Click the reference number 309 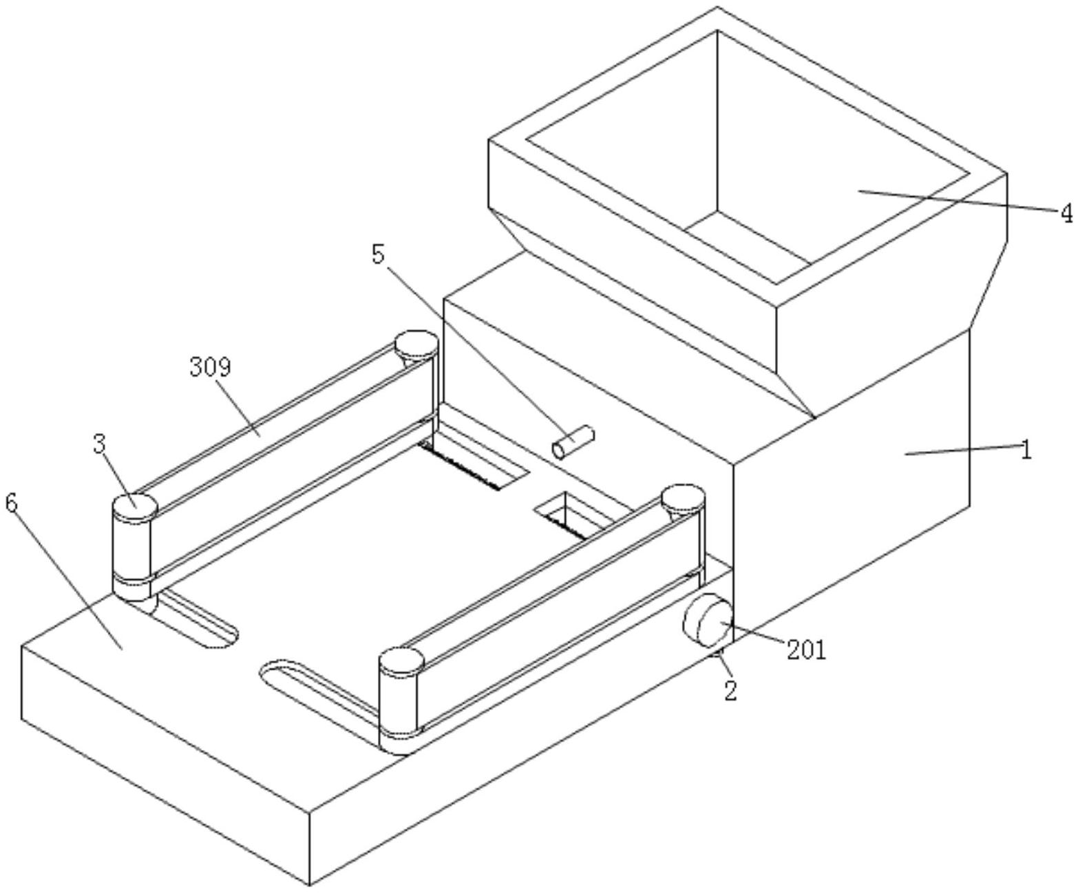tap(211, 367)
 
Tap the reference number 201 tap(806, 649)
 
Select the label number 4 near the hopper tap(1066, 214)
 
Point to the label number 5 tap(378, 254)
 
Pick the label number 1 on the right tap(1026, 451)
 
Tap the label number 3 tap(100, 444)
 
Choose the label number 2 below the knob tap(730, 690)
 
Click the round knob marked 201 tap(708, 621)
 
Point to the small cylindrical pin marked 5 tap(573, 441)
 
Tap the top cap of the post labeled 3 tap(134, 506)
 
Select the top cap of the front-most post tap(401, 661)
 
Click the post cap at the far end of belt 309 tap(416, 342)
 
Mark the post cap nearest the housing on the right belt tap(683, 497)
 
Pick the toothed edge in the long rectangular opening tap(460, 466)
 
